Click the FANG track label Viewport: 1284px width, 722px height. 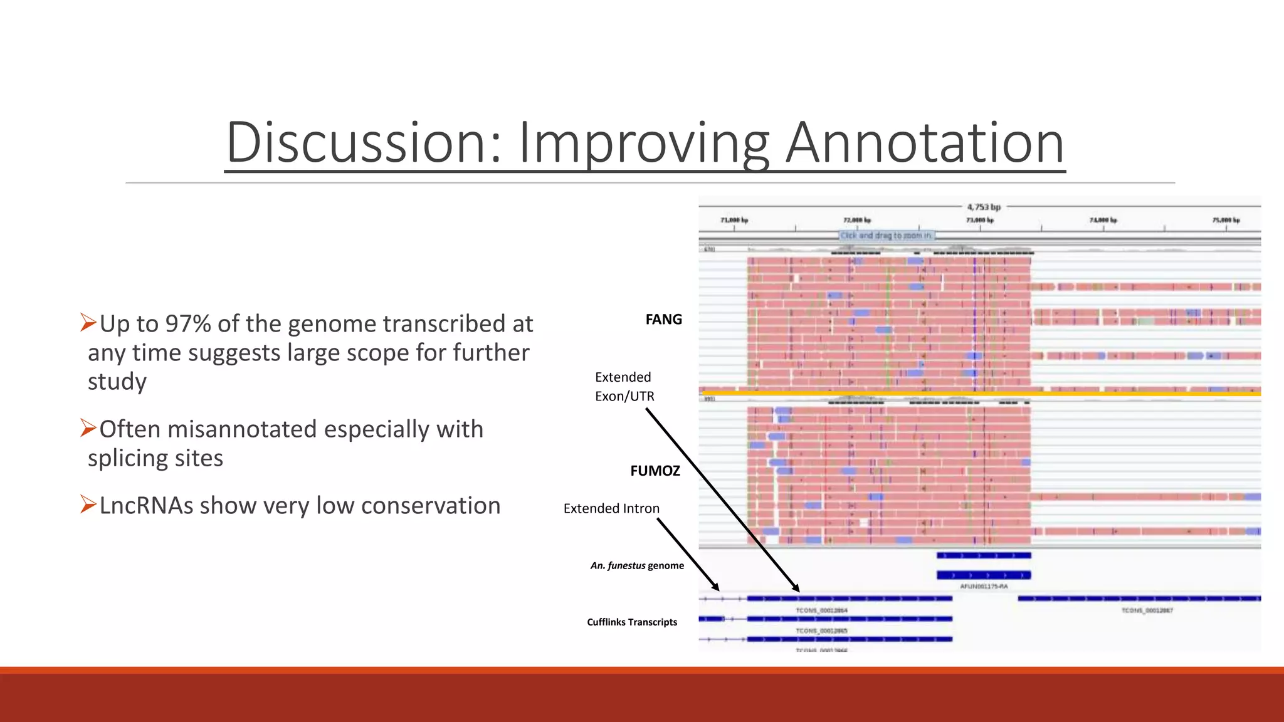tap(663, 319)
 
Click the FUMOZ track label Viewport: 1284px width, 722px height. tap(655, 470)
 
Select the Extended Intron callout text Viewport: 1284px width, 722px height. tap(611, 508)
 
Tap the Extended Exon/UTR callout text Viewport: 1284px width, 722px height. tap(624, 387)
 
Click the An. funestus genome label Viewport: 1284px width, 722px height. tap(636, 565)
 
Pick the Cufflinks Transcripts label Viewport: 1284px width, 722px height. tap(631, 622)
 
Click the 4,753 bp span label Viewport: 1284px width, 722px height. tap(983, 207)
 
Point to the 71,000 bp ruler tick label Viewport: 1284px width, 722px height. tap(734, 220)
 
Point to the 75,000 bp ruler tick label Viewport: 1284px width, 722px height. tap(1225, 220)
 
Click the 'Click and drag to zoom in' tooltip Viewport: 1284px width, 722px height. tap(885, 236)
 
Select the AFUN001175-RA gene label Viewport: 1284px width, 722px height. tap(983, 587)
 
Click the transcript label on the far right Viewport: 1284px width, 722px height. tap(1147, 610)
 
